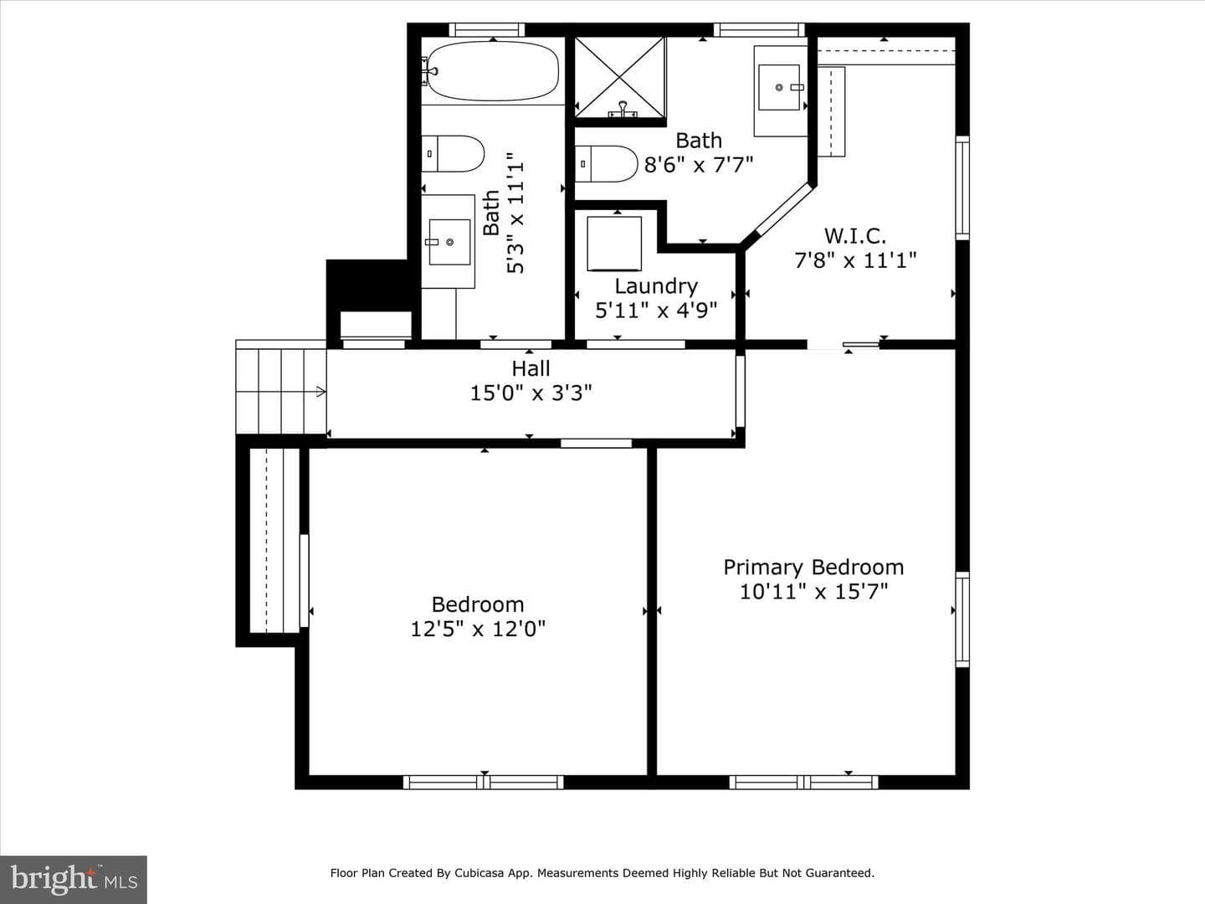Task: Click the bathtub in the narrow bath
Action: pos(492,71)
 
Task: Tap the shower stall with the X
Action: pos(620,77)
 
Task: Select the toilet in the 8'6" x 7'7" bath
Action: pos(606,163)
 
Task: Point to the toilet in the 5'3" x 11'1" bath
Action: pos(453,154)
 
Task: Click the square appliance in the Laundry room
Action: pos(614,243)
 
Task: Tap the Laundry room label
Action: pos(656,286)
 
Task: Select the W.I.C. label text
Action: pos(855,236)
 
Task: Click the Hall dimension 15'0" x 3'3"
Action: pos(531,393)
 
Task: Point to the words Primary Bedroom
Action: pos(813,567)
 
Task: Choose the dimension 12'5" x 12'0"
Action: pos(478,629)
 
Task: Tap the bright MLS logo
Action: pos(74,879)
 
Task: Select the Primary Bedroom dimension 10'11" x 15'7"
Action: pos(813,592)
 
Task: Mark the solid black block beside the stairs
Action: pos(369,285)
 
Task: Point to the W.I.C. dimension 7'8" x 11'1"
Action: pos(855,260)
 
